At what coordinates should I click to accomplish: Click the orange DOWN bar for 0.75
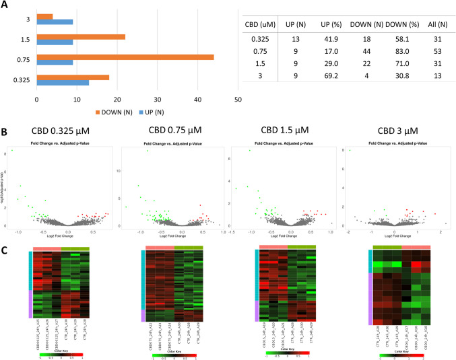(x=125, y=58)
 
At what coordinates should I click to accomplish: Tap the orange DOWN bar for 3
(x=45, y=16)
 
